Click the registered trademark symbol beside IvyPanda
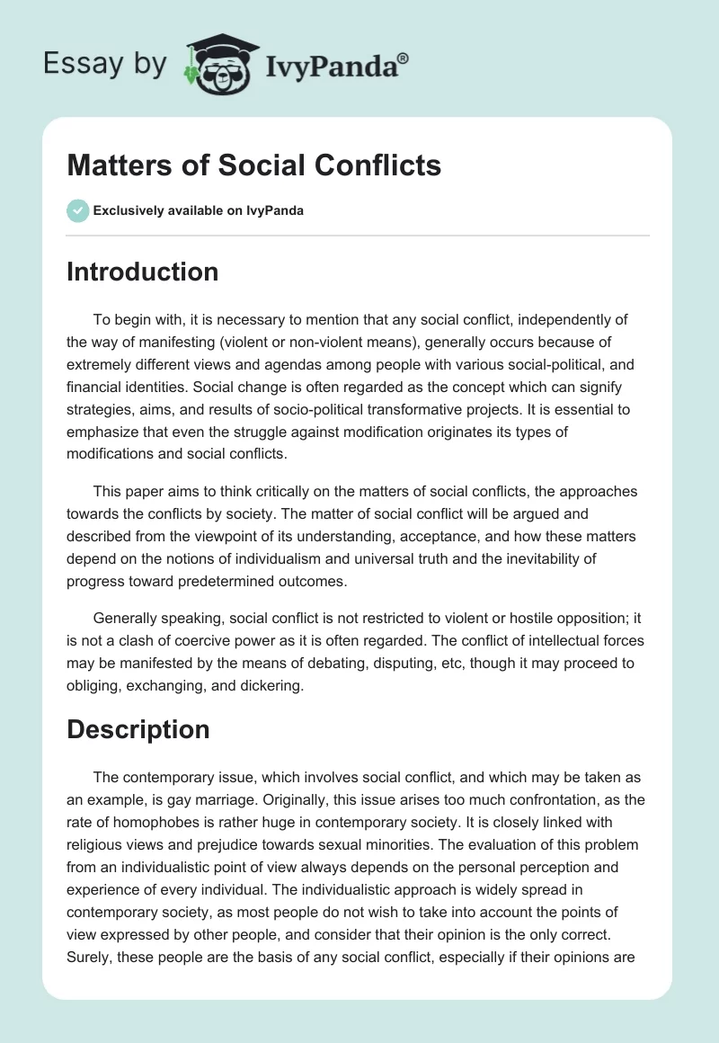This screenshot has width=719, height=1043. click(x=404, y=58)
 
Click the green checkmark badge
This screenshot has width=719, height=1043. click(x=77, y=210)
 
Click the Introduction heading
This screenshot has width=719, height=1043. click(x=142, y=272)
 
